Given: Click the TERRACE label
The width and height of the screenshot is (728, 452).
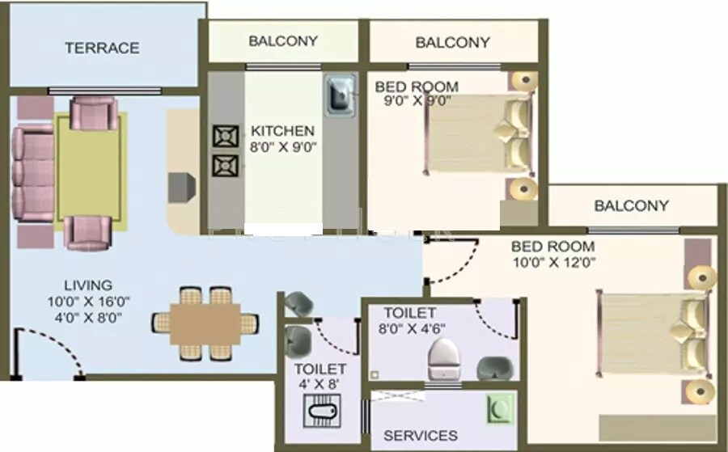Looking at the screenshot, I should (102, 48).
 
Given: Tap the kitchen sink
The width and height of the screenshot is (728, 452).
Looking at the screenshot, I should (339, 95).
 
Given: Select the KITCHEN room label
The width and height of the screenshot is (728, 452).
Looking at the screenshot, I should (282, 131).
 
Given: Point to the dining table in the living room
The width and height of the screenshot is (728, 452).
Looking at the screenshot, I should (206, 322).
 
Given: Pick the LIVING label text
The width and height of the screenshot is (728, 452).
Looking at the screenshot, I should (88, 285).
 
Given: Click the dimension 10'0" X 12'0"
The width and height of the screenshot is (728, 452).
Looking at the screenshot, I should (552, 262).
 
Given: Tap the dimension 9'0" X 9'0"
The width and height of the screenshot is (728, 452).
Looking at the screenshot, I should (417, 101).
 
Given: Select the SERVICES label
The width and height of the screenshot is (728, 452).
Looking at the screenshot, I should (420, 435).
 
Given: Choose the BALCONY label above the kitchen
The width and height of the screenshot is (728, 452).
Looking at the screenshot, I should (283, 40).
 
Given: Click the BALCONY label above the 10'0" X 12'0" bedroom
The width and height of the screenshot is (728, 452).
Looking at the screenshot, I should (631, 205).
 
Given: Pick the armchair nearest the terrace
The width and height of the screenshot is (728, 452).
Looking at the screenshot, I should (93, 113).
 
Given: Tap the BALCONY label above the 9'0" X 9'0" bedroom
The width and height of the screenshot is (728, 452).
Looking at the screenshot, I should (452, 42).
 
